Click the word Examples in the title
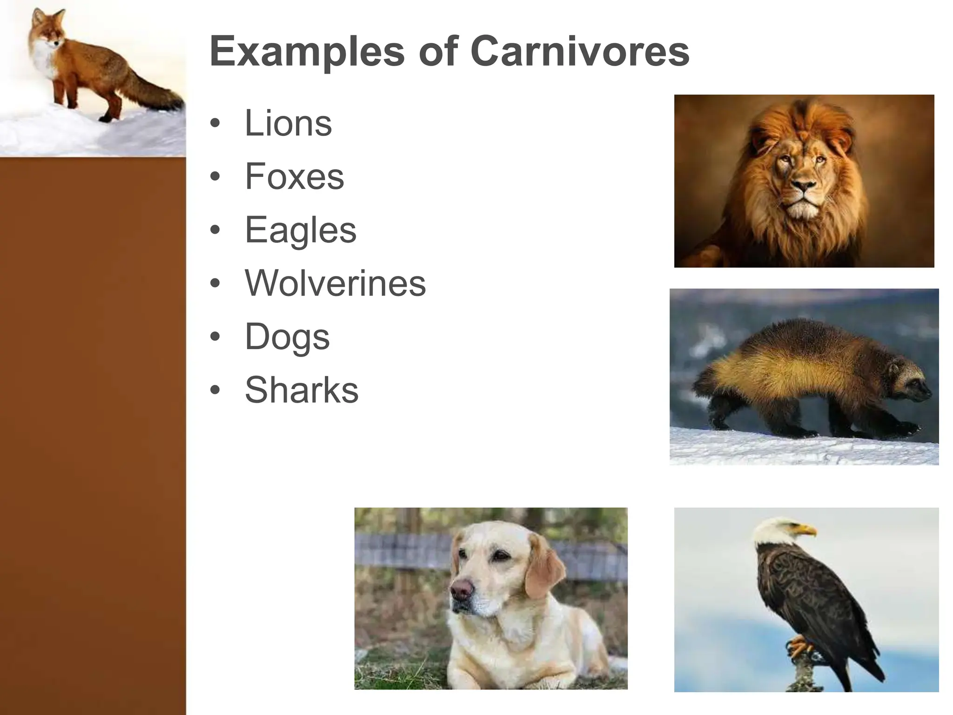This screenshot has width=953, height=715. [x=307, y=52]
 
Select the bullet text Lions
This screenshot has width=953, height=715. [x=288, y=123]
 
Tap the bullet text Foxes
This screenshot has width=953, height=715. [x=294, y=177]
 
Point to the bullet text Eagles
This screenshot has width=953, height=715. [x=300, y=230]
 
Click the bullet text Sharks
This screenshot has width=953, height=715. [x=302, y=390]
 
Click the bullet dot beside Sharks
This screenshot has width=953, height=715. [x=215, y=390]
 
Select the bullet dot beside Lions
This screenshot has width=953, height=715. [x=215, y=124]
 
